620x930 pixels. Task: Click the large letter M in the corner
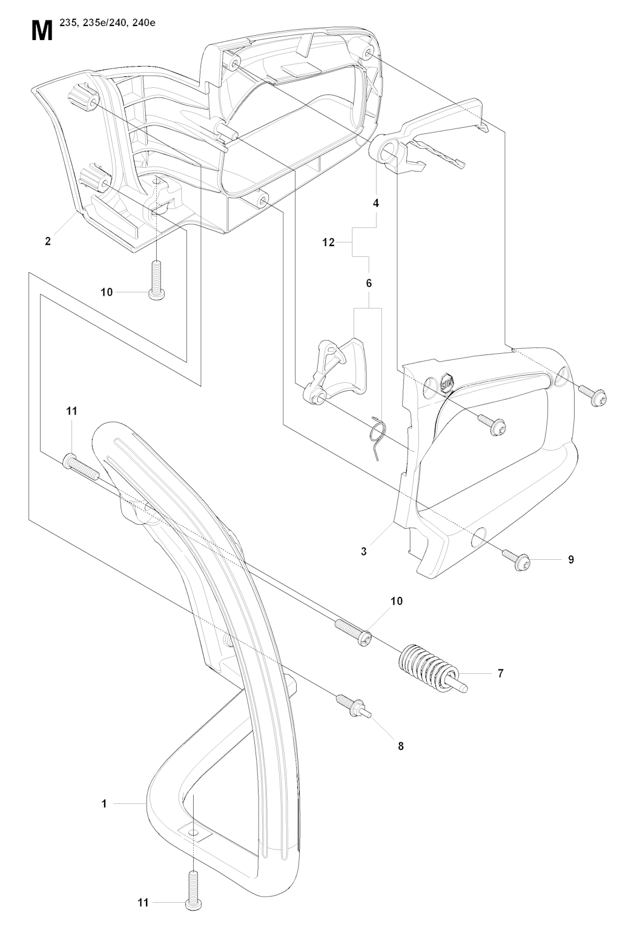(x=42, y=31)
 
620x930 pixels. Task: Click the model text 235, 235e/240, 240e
(x=102, y=24)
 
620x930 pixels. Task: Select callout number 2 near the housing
(x=48, y=241)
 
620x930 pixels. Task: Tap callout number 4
(x=376, y=203)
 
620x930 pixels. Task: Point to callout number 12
(x=328, y=242)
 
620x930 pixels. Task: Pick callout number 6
(x=369, y=283)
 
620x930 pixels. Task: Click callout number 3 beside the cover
(x=364, y=552)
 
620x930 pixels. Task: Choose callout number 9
(x=571, y=560)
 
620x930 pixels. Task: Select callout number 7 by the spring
(x=501, y=674)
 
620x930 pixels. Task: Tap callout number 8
(x=400, y=746)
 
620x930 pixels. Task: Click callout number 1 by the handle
(x=104, y=804)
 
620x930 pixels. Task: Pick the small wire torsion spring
(x=378, y=438)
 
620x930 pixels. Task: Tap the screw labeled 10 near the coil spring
(x=353, y=631)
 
